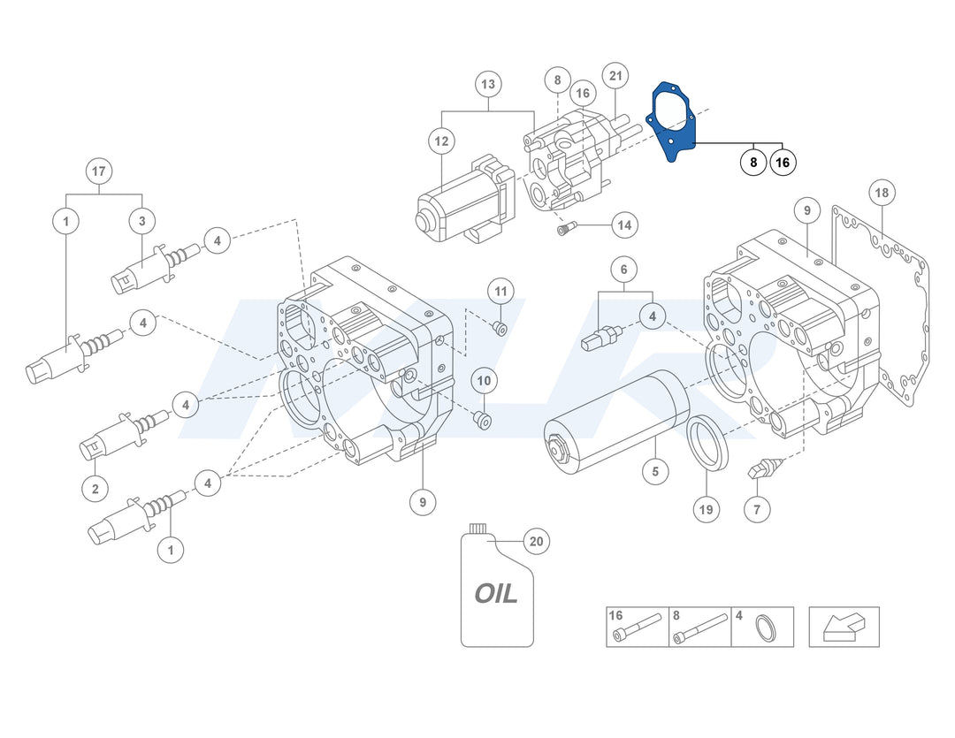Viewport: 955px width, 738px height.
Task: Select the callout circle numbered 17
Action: [x=98, y=170]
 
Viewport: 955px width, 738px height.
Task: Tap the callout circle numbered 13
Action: [x=488, y=85]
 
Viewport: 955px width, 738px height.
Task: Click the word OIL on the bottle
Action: [x=496, y=593]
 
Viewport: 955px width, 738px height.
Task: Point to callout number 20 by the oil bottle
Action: [x=536, y=541]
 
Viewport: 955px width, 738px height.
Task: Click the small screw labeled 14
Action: [x=564, y=230]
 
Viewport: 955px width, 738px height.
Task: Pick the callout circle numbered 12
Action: [x=441, y=141]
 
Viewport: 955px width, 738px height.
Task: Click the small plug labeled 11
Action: [x=499, y=329]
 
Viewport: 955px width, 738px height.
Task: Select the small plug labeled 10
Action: [x=482, y=419]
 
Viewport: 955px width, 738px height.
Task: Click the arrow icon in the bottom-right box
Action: [x=843, y=627]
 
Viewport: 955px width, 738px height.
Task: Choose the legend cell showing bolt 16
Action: [x=637, y=627]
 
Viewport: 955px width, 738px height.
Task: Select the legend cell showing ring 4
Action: [x=762, y=627]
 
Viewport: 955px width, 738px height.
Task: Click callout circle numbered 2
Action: [x=95, y=487]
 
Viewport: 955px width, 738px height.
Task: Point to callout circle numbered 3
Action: [x=142, y=220]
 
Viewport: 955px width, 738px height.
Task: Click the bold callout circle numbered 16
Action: [x=783, y=163]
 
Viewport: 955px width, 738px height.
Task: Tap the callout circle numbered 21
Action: [x=615, y=76]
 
